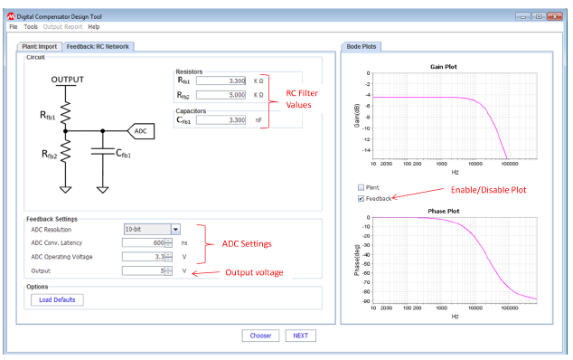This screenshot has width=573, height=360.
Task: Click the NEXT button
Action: pos(301,336)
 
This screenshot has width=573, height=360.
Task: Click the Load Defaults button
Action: pos(56,299)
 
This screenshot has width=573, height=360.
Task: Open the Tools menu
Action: pos(31,27)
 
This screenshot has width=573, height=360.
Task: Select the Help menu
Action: pos(94,27)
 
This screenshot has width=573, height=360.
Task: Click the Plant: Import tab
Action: pos(39,46)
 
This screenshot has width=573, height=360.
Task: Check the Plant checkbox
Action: pos(362,187)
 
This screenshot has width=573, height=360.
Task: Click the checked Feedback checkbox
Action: pos(362,197)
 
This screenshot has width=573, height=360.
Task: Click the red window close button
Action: pos(555,16)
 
